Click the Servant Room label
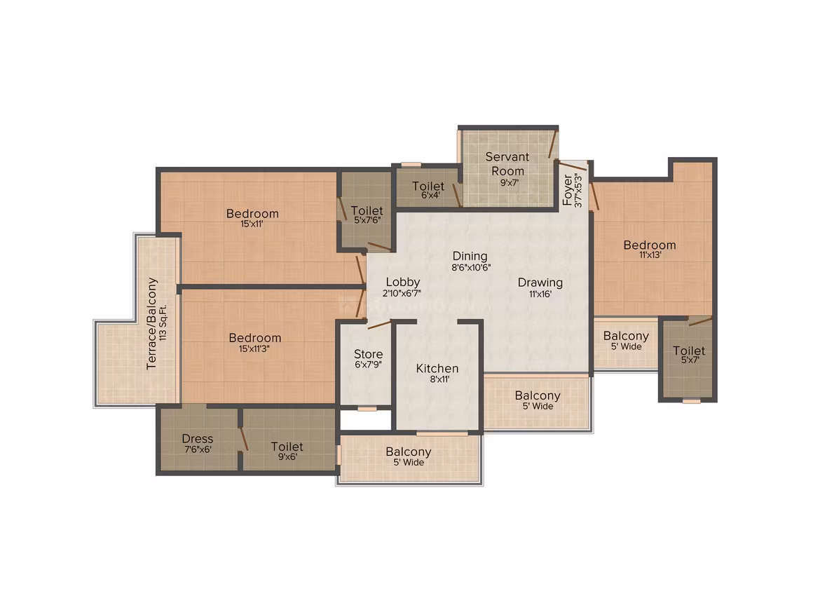[507, 164]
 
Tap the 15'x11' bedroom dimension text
[252, 224]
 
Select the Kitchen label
[437, 368]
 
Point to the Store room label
[368, 354]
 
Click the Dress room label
[198, 438]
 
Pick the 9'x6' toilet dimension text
[287, 457]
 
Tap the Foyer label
[567, 190]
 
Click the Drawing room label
[540, 282]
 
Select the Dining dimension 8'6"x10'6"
[471, 268]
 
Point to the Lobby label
[403, 282]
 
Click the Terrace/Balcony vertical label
[151, 324]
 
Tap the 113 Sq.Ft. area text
[163, 323]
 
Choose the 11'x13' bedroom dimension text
[650, 255]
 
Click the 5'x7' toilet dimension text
[690, 360]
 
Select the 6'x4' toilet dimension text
[430, 195]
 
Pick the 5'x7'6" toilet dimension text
[368, 220]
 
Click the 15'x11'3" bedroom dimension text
[254, 348]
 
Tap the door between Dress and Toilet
[243, 440]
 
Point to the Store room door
[380, 325]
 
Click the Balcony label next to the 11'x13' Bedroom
[627, 336]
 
